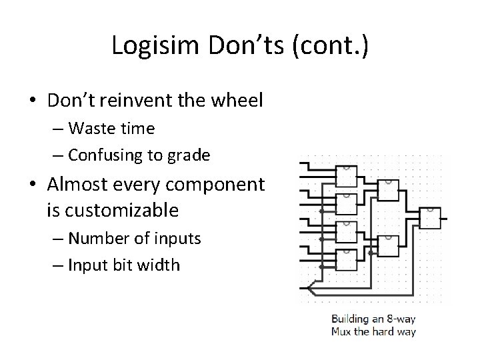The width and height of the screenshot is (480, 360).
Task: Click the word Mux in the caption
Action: click(x=343, y=331)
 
